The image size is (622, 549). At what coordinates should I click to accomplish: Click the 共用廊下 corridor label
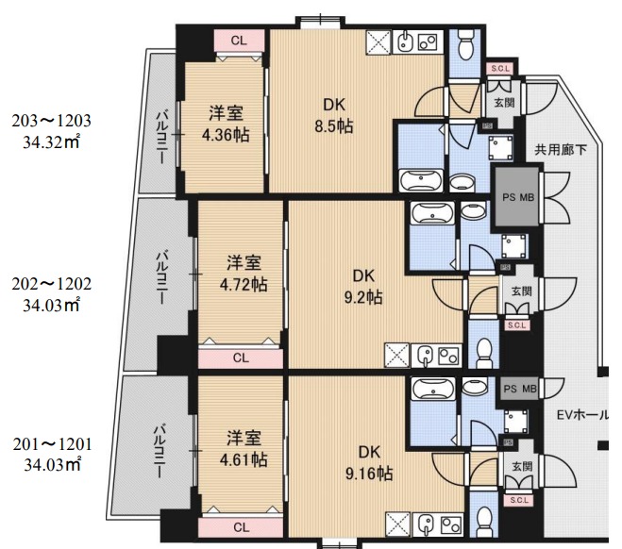pyautogui.click(x=561, y=148)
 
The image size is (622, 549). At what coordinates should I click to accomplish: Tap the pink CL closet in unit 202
pyautogui.click(x=241, y=358)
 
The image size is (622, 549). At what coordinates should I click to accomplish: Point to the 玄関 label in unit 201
pyautogui.click(x=521, y=467)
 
